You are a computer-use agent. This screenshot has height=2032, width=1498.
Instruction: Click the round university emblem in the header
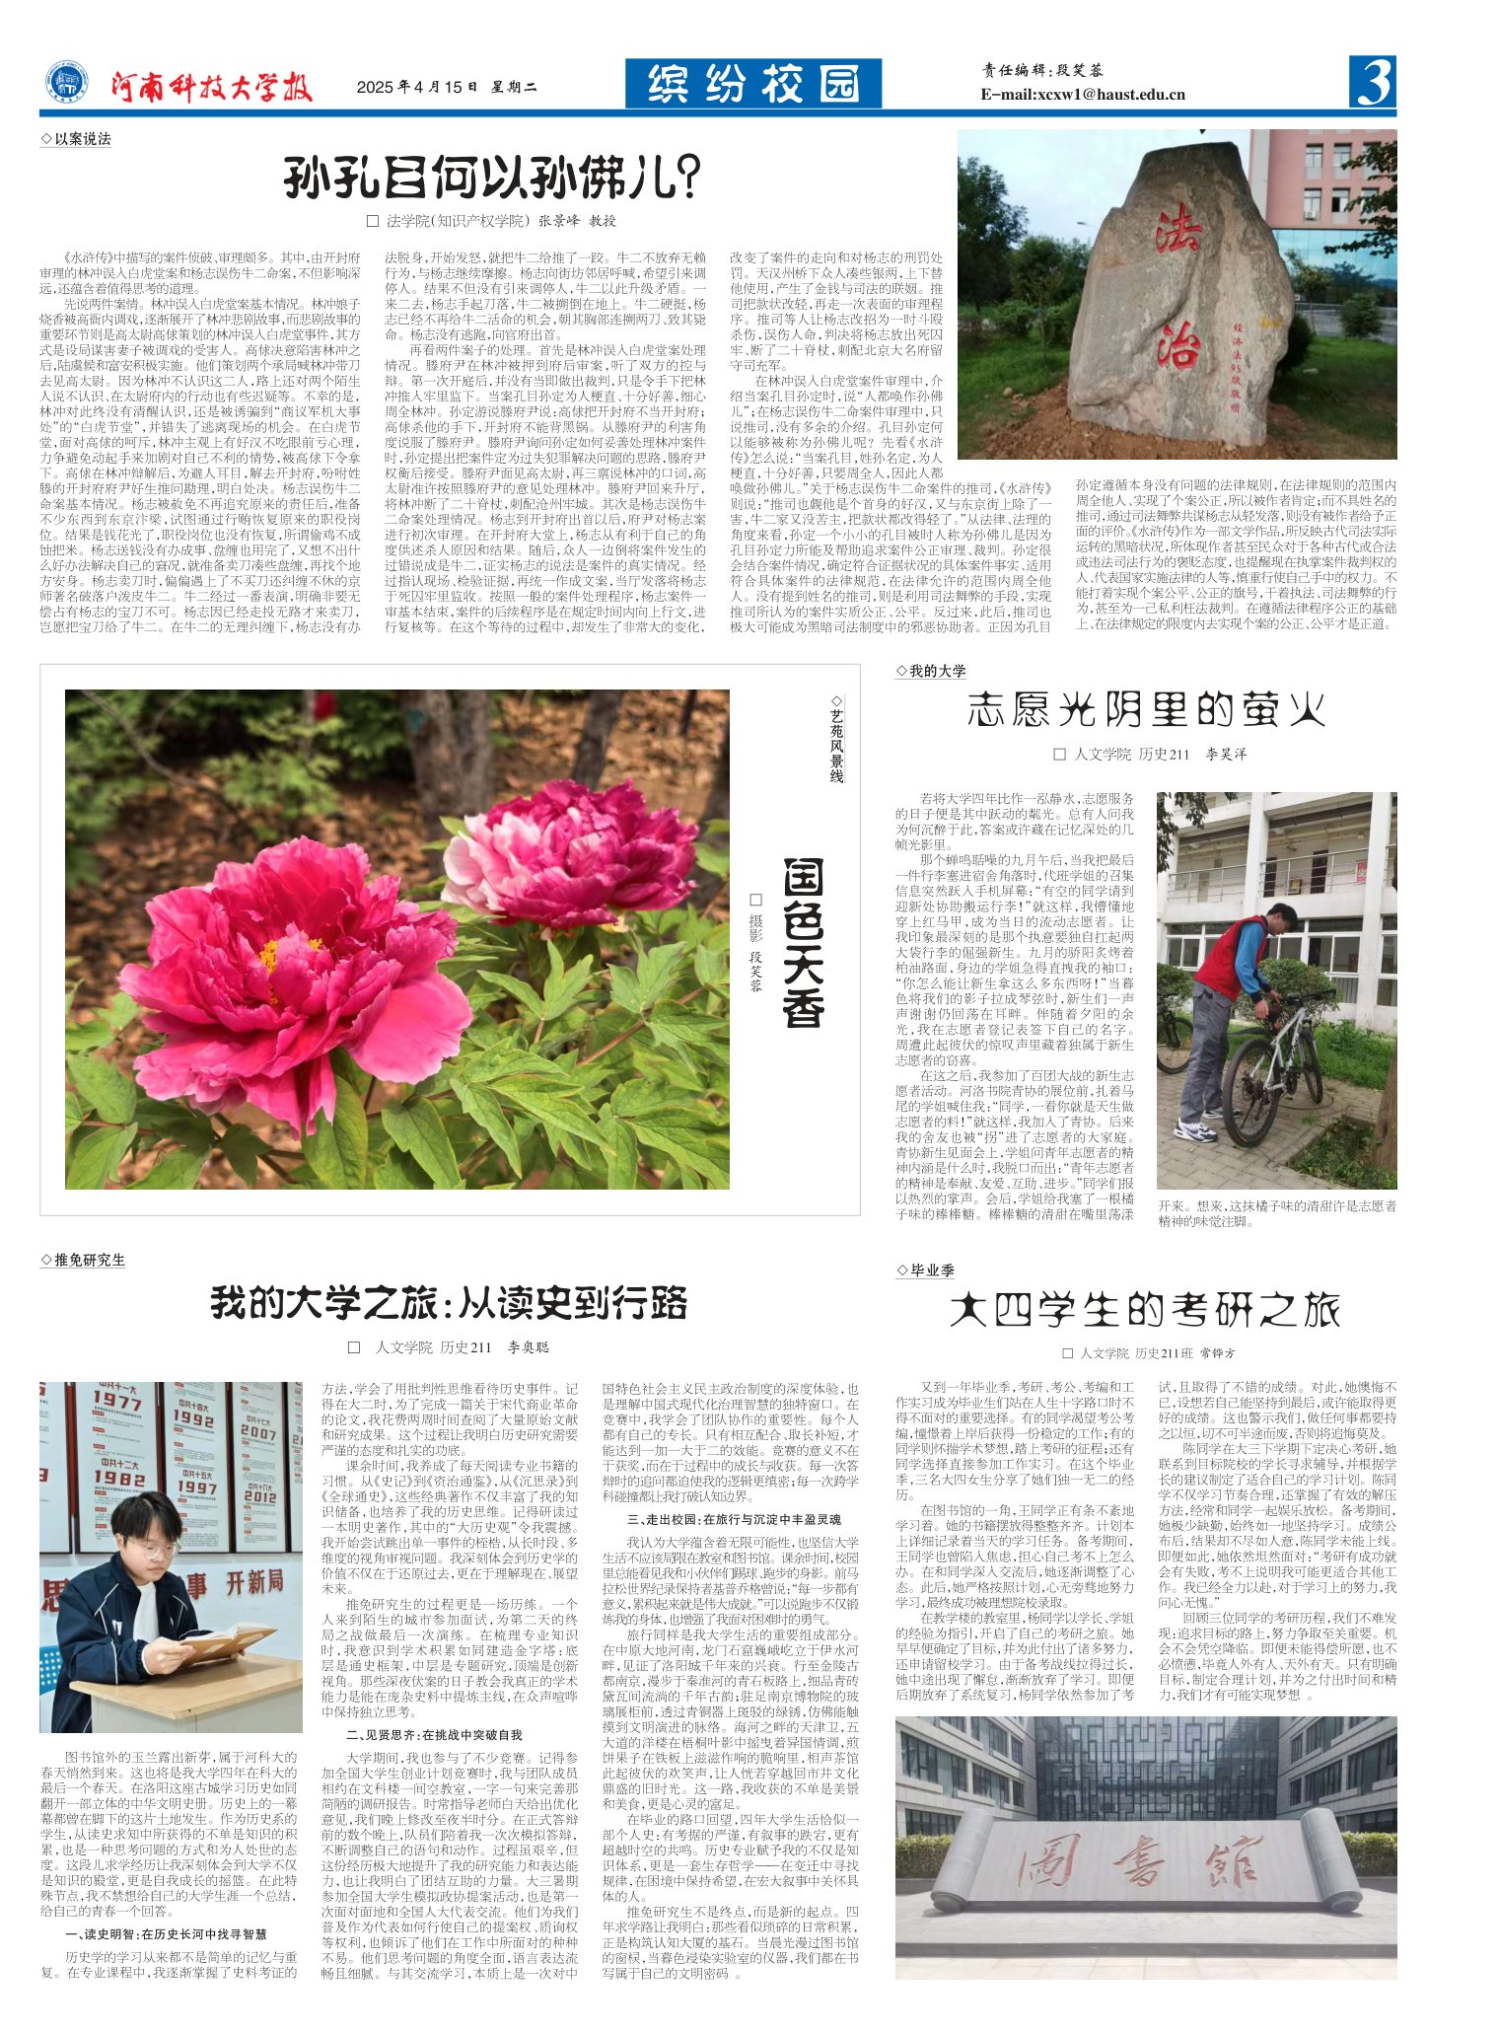(x=67, y=84)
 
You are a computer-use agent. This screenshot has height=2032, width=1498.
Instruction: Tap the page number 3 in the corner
(x=1372, y=83)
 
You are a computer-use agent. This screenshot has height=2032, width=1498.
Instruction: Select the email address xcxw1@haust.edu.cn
(x=1083, y=95)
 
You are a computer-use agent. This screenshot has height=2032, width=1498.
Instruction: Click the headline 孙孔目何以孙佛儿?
(x=491, y=179)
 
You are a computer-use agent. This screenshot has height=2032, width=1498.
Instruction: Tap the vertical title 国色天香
(x=803, y=943)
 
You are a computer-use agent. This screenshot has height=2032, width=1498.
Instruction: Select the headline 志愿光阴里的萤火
(x=1145, y=709)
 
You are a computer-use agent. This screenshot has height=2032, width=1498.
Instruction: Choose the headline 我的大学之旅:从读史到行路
(x=449, y=1303)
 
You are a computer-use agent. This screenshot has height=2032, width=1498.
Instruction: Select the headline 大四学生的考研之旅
(x=1145, y=1310)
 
